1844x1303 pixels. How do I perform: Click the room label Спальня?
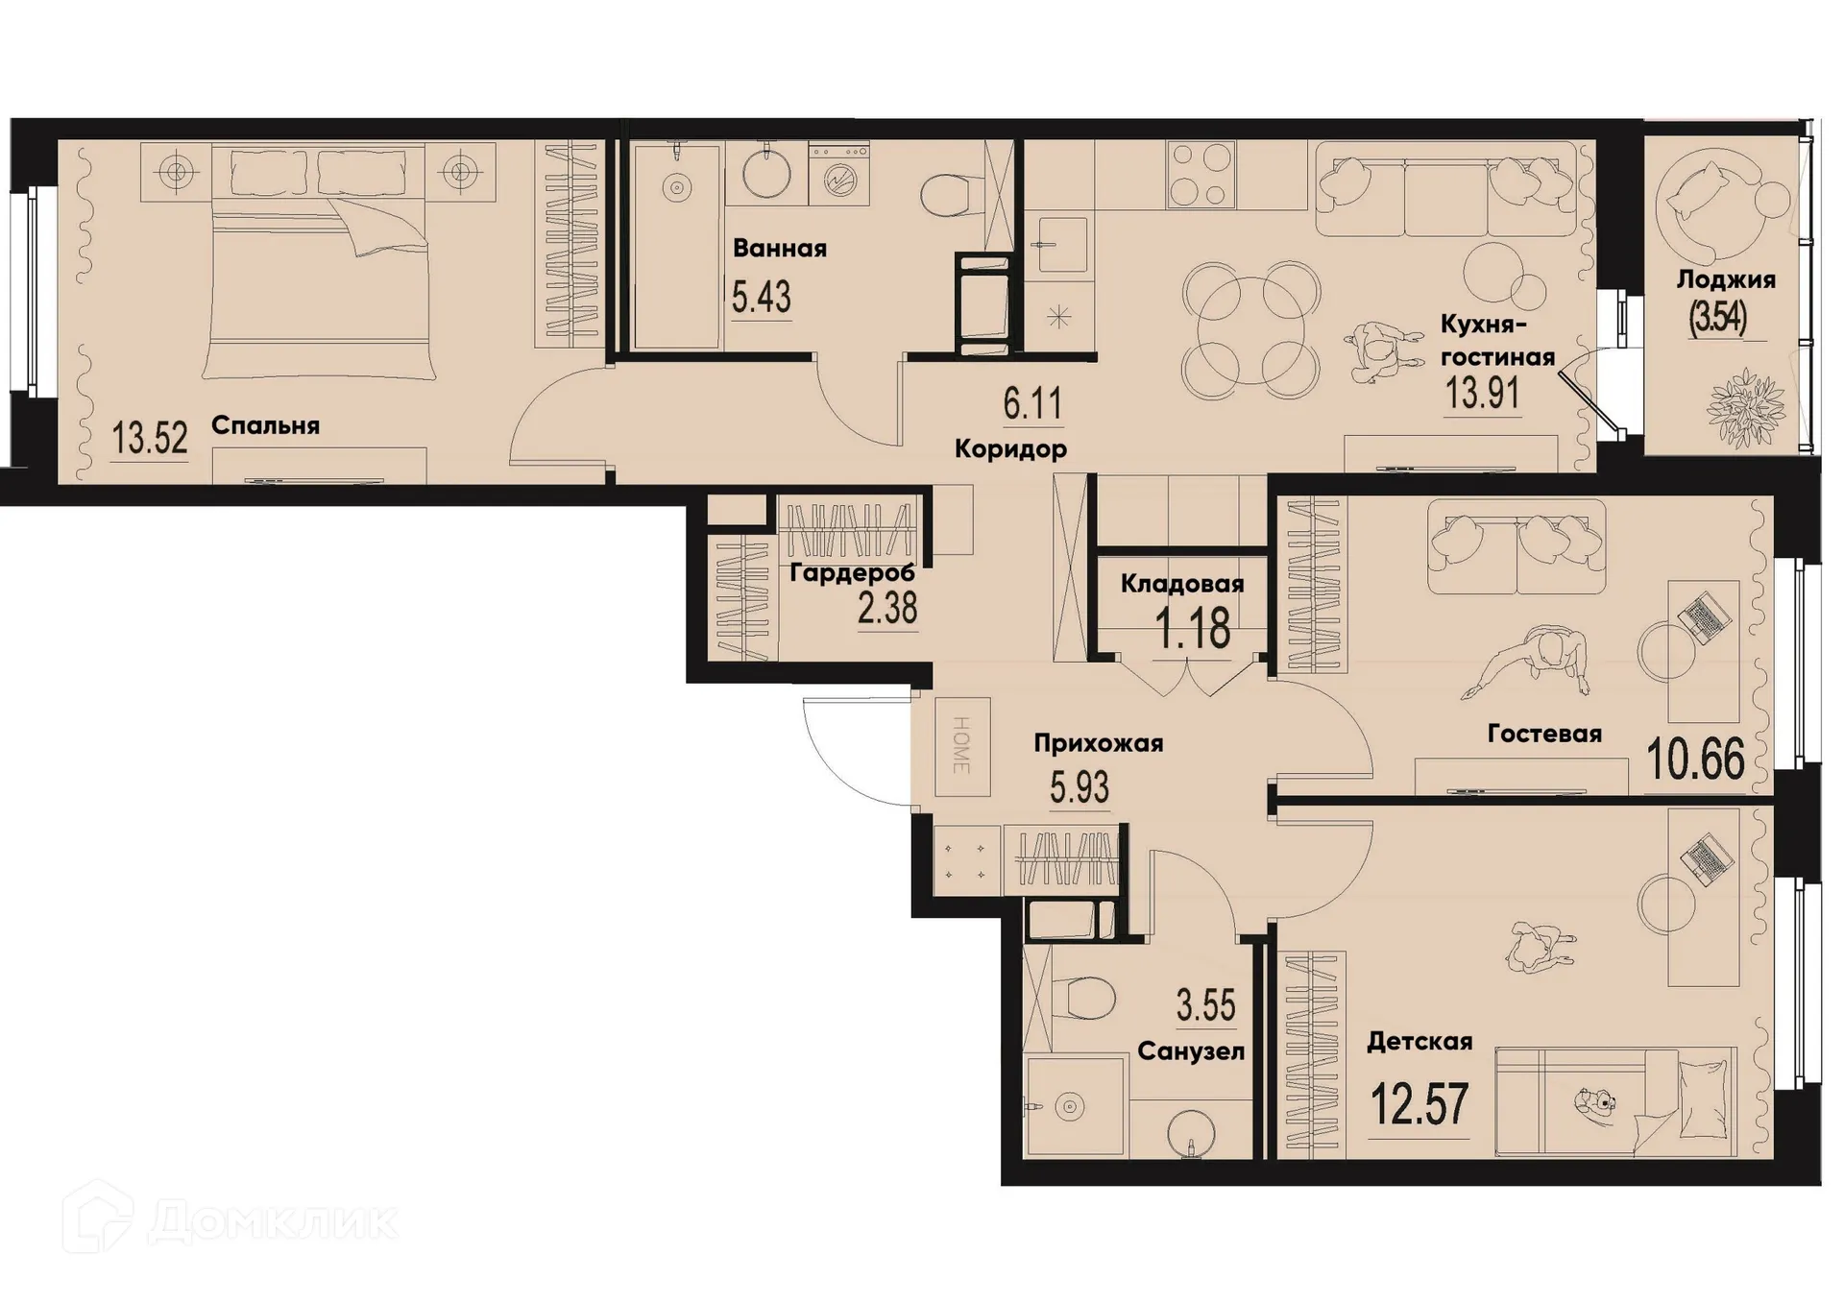pyautogui.click(x=265, y=425)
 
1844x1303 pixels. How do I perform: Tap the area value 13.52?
pyautogui.click(x=150, y=439)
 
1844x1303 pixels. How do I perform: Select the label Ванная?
pyautogui.click(x=779, y=249)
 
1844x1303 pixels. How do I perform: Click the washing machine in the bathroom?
pyautogui.click(x=838, y=175)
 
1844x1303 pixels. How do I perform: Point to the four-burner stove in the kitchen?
pyautogui.click(x=1201, y=174)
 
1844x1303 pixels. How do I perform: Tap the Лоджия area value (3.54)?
pyautogui.click(x=1717, y=317)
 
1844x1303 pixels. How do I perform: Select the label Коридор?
pyautogui.click(x=1010, y=448)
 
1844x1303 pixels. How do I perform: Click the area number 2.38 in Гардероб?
pyautogui.click(x=887, y=608)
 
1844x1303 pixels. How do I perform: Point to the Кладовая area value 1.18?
pyautogui.click(x=1192, y=629)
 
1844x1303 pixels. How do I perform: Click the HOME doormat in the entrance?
pyautogui.click(x=962, y=746)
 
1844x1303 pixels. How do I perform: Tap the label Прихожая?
pyautogui.click(x=1098, y=743)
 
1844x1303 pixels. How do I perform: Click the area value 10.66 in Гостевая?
pyautogui.click(x=1695, y=760)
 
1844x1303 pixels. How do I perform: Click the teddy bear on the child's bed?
pyautogui.click(x=1595, y=1100)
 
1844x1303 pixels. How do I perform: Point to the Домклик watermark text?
pyautogui.click(x=272, y=1221)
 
